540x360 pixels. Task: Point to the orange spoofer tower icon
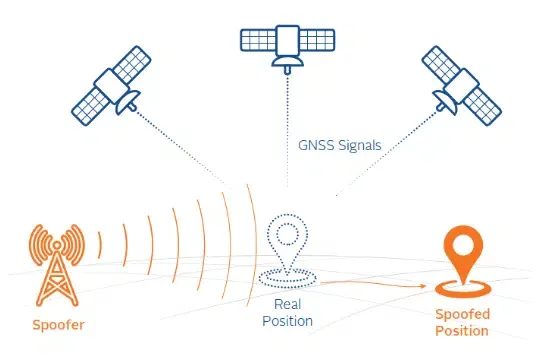50,262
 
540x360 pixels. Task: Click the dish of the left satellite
127,101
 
